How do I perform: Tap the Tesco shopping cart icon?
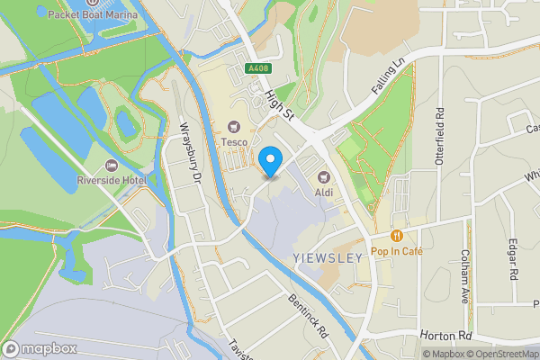pyautogui.click(x=236, y=126)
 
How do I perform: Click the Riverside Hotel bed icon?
pyautogui.click(x=112, y=165)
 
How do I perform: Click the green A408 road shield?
pyautogui.click(x=258, y=68)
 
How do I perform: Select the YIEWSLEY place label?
pyautogui.click(x=328, y=257)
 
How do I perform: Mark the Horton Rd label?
pyautogui.click(x=447, y=334)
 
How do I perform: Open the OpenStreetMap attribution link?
pyautogui.click(x=493, y=353)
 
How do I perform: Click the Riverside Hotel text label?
pyautogui.click(x=112, y=180)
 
